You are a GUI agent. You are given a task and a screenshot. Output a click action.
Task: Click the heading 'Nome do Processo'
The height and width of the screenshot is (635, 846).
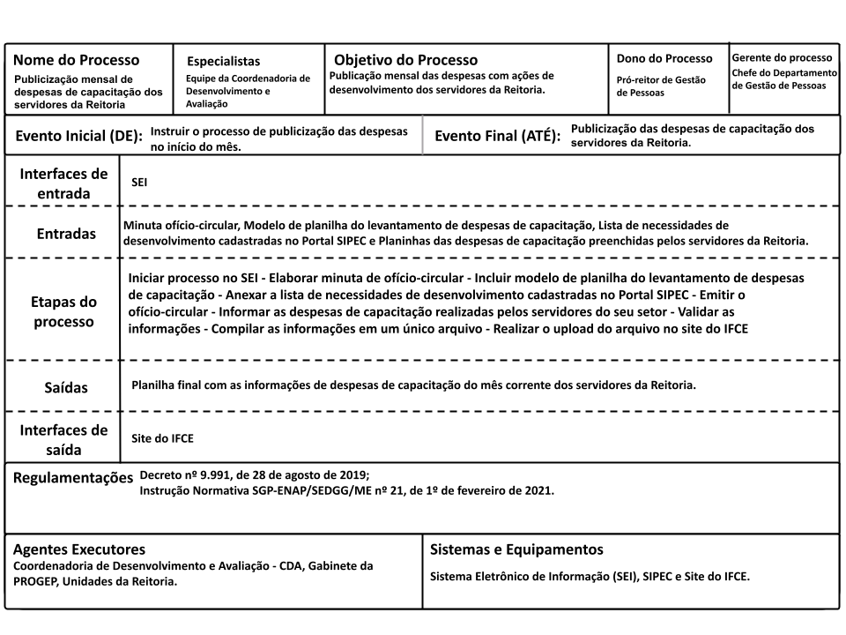pos(76,61)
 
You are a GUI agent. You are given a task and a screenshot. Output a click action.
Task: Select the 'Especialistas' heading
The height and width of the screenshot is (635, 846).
pos(224,62)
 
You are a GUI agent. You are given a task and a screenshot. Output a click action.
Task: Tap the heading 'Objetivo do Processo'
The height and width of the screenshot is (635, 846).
pos(405,61)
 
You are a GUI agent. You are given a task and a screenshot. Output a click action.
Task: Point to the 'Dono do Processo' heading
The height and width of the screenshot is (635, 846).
pos(664,59)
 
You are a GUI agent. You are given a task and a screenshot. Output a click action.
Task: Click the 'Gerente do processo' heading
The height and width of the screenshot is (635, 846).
pos(783,57)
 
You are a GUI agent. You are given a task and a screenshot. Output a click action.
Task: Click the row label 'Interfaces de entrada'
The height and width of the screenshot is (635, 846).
pos(63,183)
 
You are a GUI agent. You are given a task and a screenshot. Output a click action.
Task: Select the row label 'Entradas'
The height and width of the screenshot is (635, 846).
pos(67,235)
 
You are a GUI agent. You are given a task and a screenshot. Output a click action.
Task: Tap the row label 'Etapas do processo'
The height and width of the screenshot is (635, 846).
pos(63,311)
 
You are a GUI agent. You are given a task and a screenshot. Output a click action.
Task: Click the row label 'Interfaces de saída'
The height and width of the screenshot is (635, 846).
pos(63,439)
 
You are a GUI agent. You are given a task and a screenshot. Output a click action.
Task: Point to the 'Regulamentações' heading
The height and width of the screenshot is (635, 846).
pos(72,479)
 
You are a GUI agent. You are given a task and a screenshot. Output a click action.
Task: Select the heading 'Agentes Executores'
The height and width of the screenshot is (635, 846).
pos(78,549)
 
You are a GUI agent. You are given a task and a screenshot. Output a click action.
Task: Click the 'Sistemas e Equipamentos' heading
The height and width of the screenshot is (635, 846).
pos(516,549)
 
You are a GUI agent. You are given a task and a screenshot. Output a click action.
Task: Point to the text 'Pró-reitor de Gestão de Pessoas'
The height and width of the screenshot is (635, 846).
pos(661,86)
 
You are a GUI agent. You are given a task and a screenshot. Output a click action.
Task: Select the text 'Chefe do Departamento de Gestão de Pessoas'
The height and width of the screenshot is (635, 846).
pos(783,78)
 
